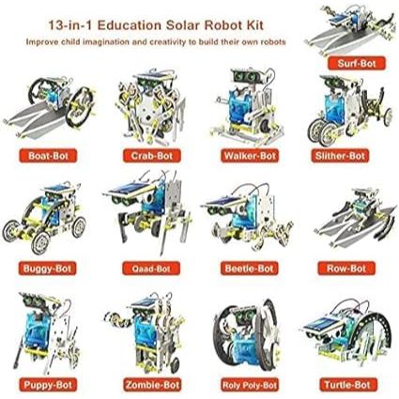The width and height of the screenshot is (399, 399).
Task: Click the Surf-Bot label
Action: tap(357, 64)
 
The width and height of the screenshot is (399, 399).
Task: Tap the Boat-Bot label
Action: tap(48, 156)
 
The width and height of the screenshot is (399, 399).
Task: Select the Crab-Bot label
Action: tap(152, 156)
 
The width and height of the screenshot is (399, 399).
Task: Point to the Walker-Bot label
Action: tap(250, 156)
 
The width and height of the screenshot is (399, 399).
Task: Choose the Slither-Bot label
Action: tap(340, 156)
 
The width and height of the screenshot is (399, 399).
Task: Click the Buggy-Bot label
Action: tap(47, 269)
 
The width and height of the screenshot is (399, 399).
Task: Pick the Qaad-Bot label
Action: tap(151, 269)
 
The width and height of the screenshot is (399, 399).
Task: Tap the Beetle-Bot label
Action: tap(249, 269)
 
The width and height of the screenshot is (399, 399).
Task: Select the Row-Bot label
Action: tap(346, 269)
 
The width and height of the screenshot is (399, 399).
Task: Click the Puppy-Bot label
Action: tap(48, 385)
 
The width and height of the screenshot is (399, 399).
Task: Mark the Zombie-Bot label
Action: tap(152, 385)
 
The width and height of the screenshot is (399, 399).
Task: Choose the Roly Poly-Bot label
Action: tap(250, 385)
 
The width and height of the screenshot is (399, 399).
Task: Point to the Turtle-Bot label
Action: tap(347, 385)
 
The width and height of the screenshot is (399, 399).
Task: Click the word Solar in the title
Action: tap(182, 25)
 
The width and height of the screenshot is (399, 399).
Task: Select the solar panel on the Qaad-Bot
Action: tap(129, 190)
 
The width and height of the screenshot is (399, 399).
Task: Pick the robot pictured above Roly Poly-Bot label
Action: tap(246, 335)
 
